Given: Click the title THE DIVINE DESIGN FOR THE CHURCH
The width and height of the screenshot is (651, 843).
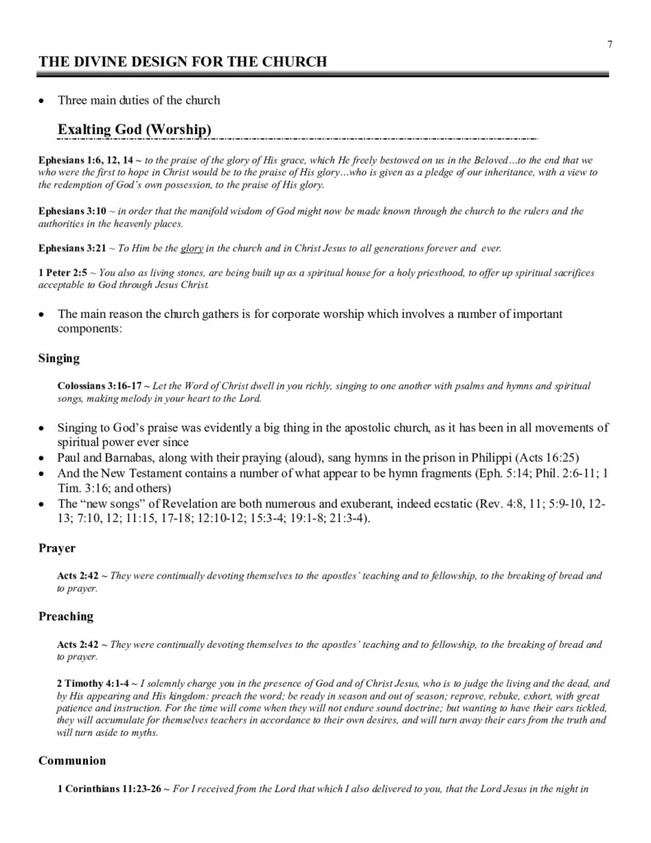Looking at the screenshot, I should (184, 63).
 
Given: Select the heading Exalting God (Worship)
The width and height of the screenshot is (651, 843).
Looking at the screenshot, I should (135, 129).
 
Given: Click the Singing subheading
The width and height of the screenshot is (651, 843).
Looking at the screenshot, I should (59, 358).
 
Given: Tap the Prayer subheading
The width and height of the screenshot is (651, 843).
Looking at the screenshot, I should (58, 547).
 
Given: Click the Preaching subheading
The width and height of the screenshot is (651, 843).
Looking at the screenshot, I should (67, 617).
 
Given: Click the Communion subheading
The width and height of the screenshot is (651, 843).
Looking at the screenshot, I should (72, 761).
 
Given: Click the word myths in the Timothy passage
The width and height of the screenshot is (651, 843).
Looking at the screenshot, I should (141, 733).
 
